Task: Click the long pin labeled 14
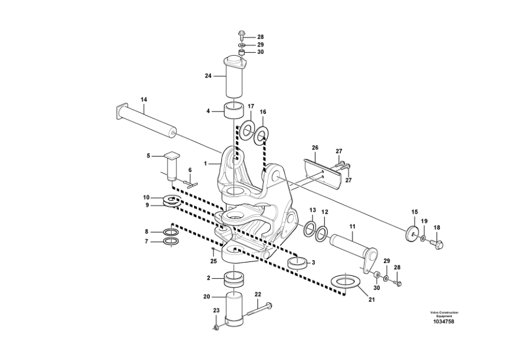pos(146,120)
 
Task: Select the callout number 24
pos(208,76)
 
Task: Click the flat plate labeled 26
pos(323,174)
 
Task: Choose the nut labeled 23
pos(217,327)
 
